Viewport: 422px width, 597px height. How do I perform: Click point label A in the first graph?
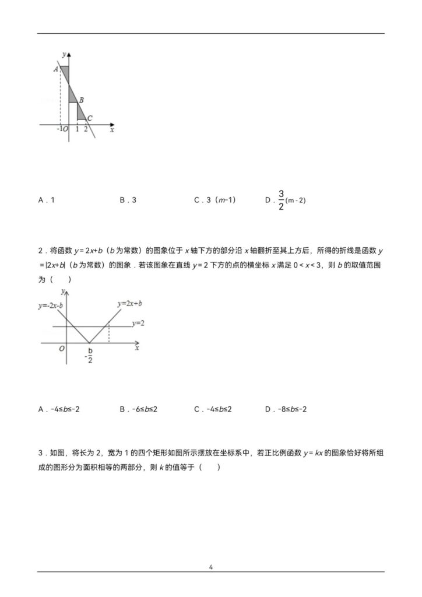tap(55, 69)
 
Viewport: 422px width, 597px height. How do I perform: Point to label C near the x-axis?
tap(90, 117)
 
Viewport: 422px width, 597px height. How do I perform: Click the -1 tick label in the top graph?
tap(59, 129)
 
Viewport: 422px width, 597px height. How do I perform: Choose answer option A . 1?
tap(47, 200)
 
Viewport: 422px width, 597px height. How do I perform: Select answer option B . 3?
tap(128, 200)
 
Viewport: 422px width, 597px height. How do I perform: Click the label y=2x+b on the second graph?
tap(130, 304)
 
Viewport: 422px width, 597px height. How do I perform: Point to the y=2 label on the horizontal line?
tap(138, 322)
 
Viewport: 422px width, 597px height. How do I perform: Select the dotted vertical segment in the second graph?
tap(109, 334)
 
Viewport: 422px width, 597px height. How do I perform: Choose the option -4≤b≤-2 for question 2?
tap(59, 409)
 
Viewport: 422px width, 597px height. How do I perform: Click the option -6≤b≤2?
tap(139, 409)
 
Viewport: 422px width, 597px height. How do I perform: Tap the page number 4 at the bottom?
tap(211, 566)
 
